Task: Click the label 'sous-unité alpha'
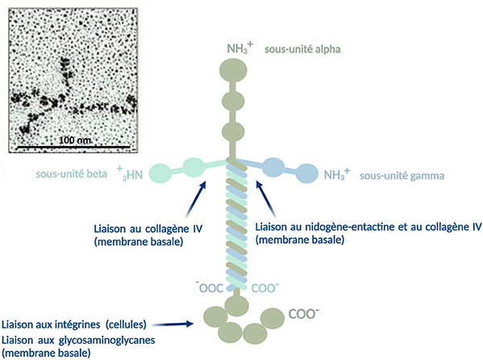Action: pos(302,49)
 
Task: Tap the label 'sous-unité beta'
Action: pos(72,174)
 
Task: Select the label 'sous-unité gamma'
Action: pos(402,176)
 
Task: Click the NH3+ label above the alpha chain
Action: pos(240,48)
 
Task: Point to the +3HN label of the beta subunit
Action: pos(130,174)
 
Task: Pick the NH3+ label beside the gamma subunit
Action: pos(337,174)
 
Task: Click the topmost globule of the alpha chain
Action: pos(233,71)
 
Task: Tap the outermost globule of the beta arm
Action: pos(160,174)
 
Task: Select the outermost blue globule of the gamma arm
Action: pos(306,173)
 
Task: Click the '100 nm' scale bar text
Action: pos(75,140)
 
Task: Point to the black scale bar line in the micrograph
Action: pos(73,147)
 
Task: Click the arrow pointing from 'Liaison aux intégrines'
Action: pos(173,324)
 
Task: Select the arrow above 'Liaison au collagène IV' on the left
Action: pos(196,199)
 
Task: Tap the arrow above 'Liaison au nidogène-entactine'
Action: pos(266,199)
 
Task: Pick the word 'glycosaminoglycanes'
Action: pos(106,341)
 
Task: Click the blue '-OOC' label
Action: pos(210,287)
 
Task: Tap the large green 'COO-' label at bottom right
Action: pos(303,314)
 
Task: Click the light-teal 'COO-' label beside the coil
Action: pos(265,288)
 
